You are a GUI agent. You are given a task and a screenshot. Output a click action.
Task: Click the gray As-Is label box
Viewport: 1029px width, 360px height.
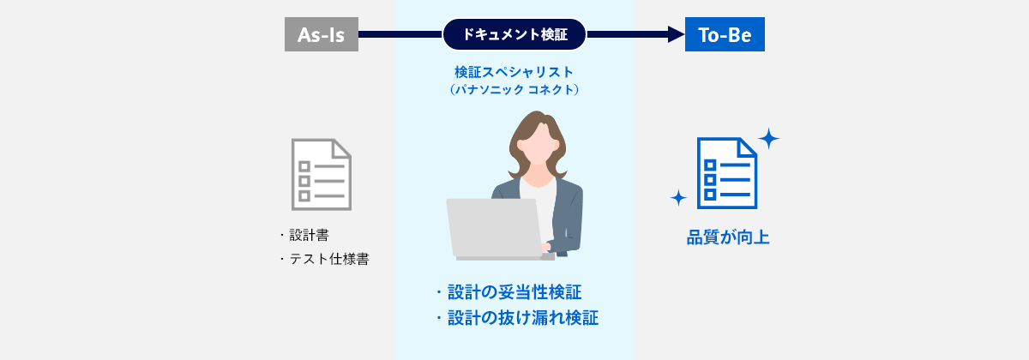pyautogui.click(x=321, y=34)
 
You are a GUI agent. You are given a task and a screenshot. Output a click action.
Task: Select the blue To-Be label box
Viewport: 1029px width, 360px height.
pyautogui.click(x=724, y=34)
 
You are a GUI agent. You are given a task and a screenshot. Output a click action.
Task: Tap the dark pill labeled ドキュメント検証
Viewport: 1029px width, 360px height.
pyautogui.click(x=514, y=34)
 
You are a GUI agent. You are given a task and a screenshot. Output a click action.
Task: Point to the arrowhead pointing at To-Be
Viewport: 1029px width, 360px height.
pyautogui.click(x=676, y=34)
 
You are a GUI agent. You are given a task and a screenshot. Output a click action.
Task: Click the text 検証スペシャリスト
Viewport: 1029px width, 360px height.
pyautogui.click(x=514, y=71)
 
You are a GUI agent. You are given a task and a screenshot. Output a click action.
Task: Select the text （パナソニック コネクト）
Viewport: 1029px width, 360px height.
pyautogui.click(x=514, y=89)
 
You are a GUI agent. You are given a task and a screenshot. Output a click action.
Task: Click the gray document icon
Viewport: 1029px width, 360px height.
pyautogui.click(x=322, y=174)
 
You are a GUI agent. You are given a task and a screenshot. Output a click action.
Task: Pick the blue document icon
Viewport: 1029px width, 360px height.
pyautogui.click(x=726, y=172)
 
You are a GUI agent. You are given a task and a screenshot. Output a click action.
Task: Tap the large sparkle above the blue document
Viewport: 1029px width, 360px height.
pyautogui.click(x=768, y=138)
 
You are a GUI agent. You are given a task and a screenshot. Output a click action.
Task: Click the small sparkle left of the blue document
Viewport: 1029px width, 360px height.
pyautogui.click(x=678, y=198)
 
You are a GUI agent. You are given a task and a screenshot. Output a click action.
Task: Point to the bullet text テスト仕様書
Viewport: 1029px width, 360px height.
pyautogui.click(x=328, y=259)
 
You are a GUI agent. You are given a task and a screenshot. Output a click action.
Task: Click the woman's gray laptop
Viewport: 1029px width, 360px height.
pyautogui.click(x=493, y=228)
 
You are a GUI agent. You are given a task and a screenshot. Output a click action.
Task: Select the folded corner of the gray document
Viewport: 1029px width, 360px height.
pyautogui.click(x=342, y=148)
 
